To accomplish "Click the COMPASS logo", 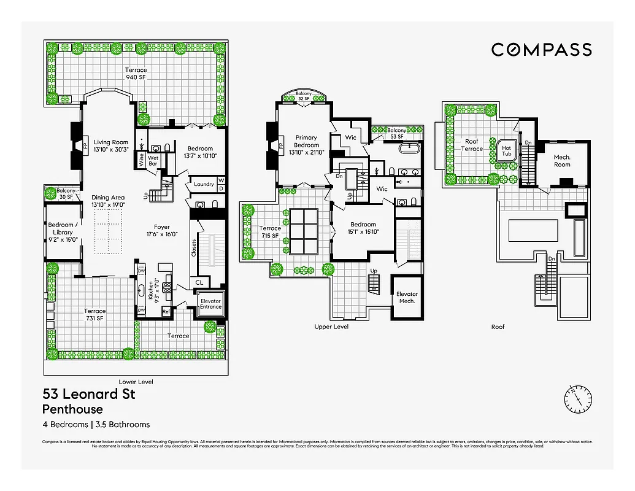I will [541, 50].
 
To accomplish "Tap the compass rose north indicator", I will [577, 400].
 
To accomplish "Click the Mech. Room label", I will [561, 160].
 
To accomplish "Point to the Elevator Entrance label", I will [210, 304].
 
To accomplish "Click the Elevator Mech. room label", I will [407, 297].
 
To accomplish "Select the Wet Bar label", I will [153, 160].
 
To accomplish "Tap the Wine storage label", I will [140, 160].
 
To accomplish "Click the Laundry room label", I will [203, 184].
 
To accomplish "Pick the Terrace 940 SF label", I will [136, 74].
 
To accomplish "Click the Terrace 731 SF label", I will [94, 314].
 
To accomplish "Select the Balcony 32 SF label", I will [304, 97].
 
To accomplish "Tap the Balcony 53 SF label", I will [396, 133].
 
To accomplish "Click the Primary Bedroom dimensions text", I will [306, 152].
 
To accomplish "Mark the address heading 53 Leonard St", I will [88, 394].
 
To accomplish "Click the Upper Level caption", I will [331, 327].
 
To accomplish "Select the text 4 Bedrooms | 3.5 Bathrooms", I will [96, 424].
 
